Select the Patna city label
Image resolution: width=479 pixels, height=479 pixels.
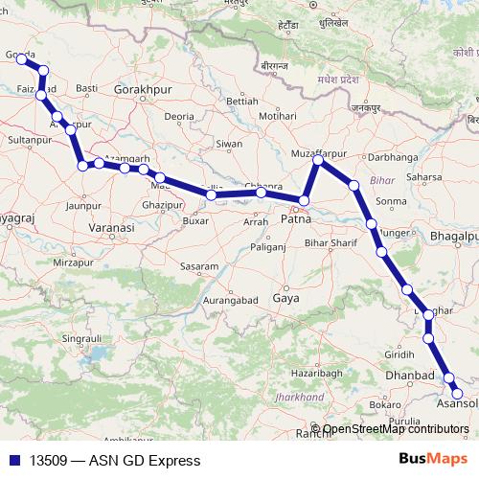pos(298,220)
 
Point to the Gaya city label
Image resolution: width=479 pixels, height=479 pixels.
pos(285,299)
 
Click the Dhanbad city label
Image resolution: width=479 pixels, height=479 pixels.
pos(410,376)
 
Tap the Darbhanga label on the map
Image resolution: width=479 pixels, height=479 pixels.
pos(394,155)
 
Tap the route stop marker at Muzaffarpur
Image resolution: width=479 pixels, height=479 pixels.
pos(318,160)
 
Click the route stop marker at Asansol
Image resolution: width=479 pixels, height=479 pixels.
pos(457,394)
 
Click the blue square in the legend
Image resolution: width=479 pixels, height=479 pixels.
pos(13,461)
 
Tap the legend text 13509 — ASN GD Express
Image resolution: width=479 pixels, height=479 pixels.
pos(115,461)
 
